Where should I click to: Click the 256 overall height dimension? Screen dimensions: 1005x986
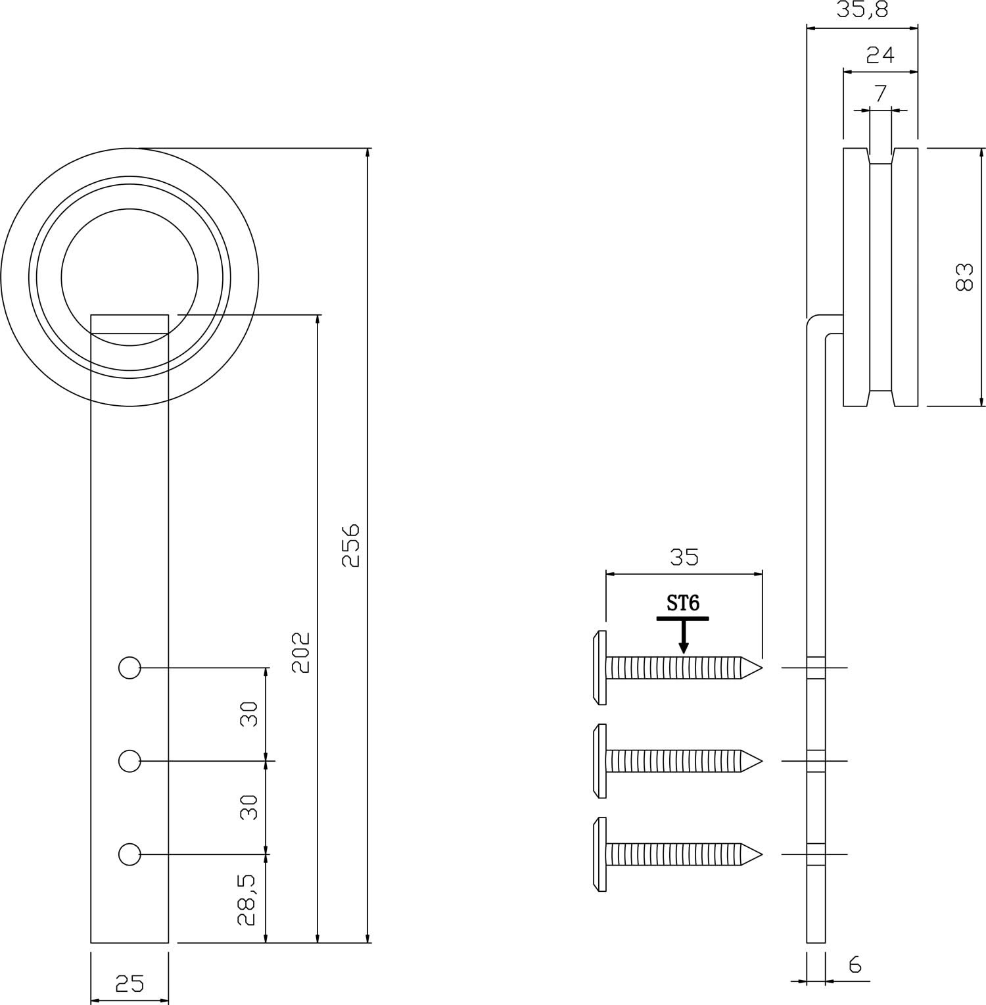(x=352, y=545)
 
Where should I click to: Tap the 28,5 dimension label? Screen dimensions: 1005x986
(x=247, y=900)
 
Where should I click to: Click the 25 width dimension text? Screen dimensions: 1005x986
(x=129, y=983)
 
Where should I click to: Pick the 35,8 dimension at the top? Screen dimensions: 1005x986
(x=862, y=11)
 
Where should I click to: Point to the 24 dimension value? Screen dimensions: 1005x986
(x=880, y=55)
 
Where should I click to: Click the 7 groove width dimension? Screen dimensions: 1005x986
(x=881, y=93)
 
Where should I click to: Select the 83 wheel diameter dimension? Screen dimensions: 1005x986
(x=964, y=277)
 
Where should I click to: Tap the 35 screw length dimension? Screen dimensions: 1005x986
(x=684, y=557)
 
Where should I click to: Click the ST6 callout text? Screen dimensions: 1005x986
(x=683, y=603)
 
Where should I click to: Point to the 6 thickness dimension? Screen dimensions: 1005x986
(x=855, y=964)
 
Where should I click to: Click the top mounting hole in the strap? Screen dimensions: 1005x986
(x=129, y=668)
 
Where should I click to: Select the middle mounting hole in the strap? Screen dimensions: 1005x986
(x=129, y=761)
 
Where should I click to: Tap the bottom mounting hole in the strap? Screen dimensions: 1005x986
(x=129, y=854)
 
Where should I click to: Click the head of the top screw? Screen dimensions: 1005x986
(x=599, y=668)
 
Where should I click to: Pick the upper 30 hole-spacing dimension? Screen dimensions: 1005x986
(x=248, y=714)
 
